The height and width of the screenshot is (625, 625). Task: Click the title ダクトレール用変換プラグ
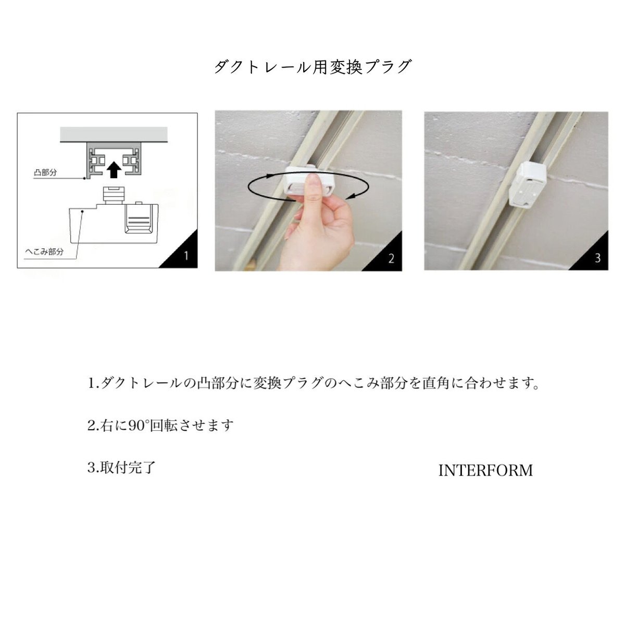click(x=312, y=67)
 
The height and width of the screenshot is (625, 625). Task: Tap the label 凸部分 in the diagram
click(x=45, y=172)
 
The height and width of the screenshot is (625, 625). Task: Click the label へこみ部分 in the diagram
click(x=45, y=252)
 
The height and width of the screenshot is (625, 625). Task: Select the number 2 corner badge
click(x=391, y=258)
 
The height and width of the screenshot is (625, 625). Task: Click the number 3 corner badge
click(x=597, y=258)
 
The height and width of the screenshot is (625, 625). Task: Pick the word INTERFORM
click(x=485, y=471)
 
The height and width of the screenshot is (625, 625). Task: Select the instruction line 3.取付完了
click(x=122, y=467)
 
